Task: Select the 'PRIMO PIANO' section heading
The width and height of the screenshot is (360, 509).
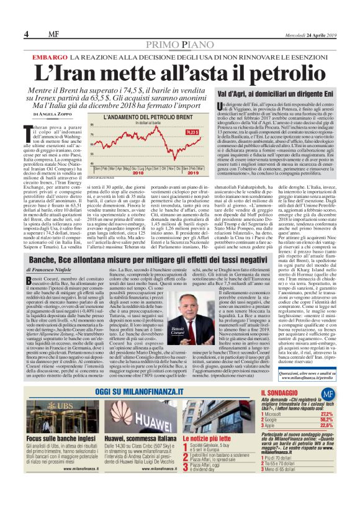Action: pos(180,37)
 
